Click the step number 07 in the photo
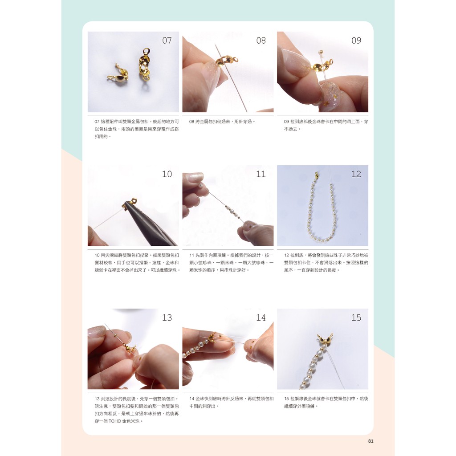point(167,40)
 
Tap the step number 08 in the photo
point(261,40)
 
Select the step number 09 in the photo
point(356,40)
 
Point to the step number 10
point(167,174)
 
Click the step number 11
point(261,174)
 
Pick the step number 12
point(356,174)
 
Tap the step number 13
point(167,317)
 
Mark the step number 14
point(261,317)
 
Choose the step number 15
point(356,317)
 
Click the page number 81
point(370,441)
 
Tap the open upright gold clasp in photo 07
point(145,65)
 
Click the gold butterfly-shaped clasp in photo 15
point(324,339)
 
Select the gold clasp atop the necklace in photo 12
point(317,175)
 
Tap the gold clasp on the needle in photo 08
point(227,61)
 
